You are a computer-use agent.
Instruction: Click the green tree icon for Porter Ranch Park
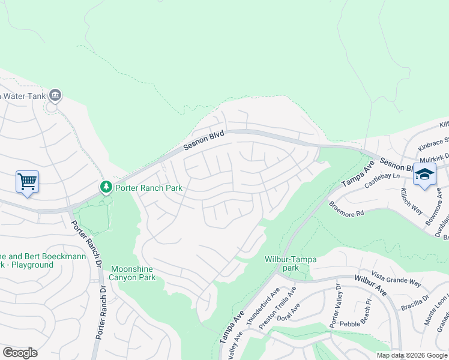(x=106, y=187)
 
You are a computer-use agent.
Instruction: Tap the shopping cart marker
(x=27, y=181)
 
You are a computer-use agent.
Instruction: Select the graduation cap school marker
(x=424, y=175)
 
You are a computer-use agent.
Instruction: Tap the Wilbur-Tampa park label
(x=290, y=260)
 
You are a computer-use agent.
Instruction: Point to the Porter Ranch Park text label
(x=148, y=188)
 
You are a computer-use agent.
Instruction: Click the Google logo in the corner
(x=20, y=352)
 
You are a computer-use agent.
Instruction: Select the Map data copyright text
(x=412, y=355)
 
